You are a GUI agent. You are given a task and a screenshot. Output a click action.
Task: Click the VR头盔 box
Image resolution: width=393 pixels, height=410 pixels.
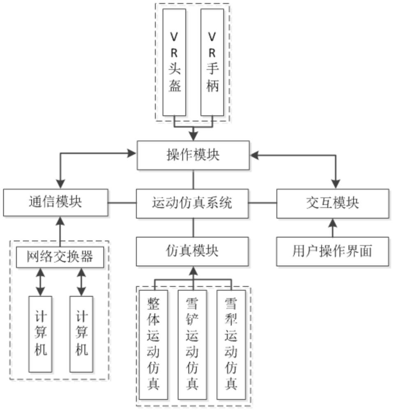pos(175,62)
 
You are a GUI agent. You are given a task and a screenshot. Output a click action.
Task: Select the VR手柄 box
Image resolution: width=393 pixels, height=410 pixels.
pos(212,62)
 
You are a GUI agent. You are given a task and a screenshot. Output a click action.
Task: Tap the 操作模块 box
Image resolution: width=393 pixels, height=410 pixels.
pos(193,155)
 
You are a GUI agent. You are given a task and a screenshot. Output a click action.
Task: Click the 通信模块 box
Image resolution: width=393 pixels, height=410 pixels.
pos(55,203)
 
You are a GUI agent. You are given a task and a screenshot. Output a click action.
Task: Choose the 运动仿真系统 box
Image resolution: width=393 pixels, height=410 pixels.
pos(192,203)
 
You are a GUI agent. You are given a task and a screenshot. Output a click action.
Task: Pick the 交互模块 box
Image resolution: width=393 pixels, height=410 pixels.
pos(333,203)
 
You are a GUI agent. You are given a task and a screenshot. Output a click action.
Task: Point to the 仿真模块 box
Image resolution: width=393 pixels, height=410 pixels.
pos(192,252)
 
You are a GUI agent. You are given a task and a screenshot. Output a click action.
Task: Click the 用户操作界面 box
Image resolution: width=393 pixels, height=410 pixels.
pos(333,252)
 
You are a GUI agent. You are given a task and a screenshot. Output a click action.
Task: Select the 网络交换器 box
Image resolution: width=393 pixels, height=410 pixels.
pos(60,257)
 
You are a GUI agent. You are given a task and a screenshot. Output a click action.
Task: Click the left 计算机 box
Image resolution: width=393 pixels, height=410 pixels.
pos(40,334)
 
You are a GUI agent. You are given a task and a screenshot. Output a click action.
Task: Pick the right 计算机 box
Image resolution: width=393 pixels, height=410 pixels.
pos(81,334)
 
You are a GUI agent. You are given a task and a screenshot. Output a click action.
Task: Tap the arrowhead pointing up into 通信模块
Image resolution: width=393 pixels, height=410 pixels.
pos(60,221)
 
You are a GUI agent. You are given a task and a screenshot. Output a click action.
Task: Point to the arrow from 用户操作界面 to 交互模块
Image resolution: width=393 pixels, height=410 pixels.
pos(333,228)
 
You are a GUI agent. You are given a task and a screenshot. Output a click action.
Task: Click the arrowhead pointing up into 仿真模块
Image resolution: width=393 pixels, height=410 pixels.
pos(193,271)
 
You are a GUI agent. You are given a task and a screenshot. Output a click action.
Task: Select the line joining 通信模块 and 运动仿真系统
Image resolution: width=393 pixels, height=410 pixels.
pos(122,203)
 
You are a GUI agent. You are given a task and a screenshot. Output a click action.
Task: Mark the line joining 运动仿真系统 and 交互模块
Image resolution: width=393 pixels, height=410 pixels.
pos(262,203)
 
